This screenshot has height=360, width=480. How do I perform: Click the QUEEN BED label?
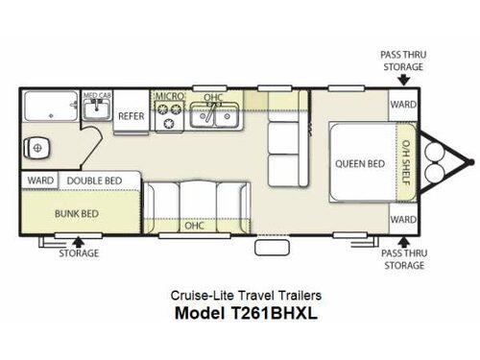coord(359,163)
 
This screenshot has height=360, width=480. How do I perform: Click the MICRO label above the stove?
coord(169,97)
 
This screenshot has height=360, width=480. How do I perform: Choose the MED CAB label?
coord(95,97)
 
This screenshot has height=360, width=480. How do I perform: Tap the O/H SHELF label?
coord(405,163)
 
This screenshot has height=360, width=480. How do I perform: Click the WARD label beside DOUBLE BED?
coord(39,180)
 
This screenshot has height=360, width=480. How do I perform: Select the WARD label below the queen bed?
coord(401,220)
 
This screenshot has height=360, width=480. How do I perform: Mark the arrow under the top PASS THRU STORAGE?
coord(401,81)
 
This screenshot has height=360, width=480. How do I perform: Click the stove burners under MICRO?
coord(170,116)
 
